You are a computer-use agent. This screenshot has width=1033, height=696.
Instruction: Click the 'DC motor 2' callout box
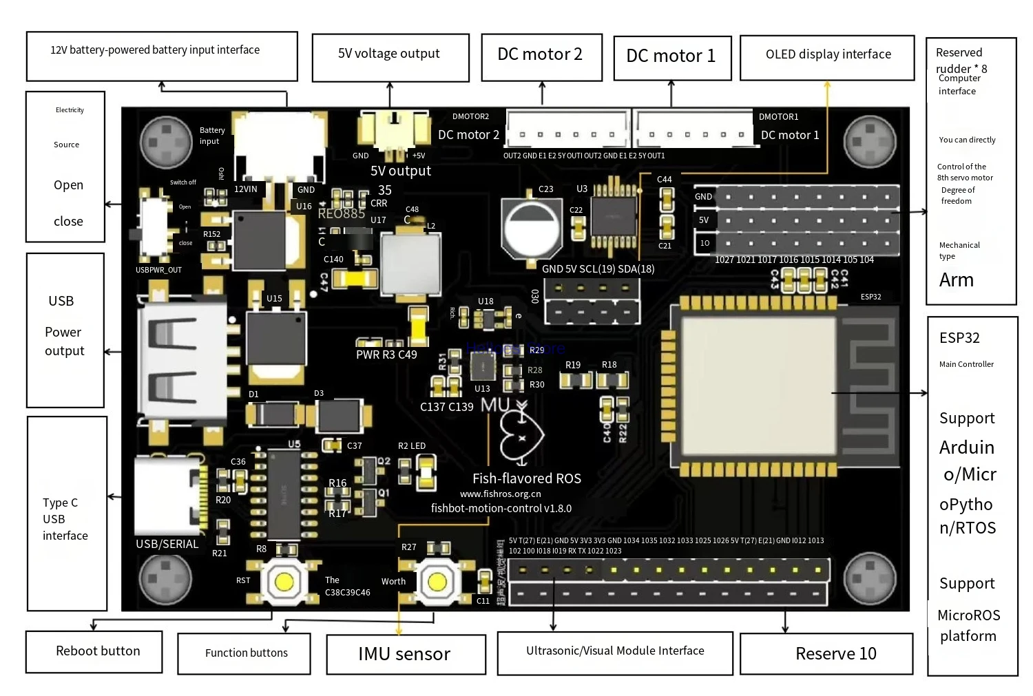[541, 57]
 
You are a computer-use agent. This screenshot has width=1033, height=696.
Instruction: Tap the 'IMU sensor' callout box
[405, 654]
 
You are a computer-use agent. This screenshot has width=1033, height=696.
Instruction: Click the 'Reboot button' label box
[94, 651]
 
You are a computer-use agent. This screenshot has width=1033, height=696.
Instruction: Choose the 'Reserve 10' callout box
[826, 653]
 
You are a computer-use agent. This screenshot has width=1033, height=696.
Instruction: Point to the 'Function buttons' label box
[244, 653]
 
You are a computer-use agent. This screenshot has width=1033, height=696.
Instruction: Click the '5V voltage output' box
[390, 57]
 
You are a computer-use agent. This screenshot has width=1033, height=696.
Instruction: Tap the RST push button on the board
[283, 582]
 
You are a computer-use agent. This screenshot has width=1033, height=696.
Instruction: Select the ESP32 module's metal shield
[759, 386]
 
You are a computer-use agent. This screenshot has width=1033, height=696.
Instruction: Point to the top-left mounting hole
[166, 141]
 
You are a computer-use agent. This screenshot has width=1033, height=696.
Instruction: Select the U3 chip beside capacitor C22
[614, 215]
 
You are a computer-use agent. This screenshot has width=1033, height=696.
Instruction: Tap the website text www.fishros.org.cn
[500, 494]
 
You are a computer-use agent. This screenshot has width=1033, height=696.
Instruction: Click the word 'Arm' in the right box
[956, 280]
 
